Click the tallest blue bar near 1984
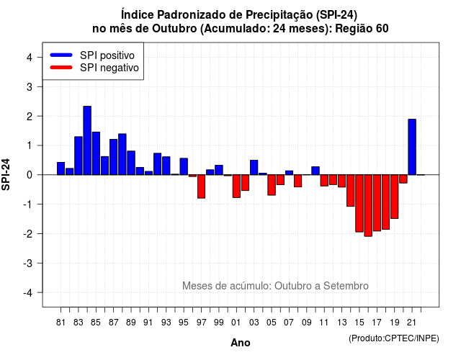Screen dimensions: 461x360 pyautogui.click(x=87, y=140)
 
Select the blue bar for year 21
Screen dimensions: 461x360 pyautogui.click(x=412, y=147)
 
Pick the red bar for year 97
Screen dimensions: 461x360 pyautogui.click(x=201, y=186)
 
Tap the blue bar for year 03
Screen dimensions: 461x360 pyautogui.click(x=254, y=168)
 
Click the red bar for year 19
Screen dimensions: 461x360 pyautogui.click(x=394, y=197)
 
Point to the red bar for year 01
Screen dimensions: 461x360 pyautogui.click(x=236, y=186)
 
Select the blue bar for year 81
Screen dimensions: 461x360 pyautogui.click(x=61, y=168)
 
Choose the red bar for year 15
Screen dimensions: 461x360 pyautogui.click(x=359, y=203)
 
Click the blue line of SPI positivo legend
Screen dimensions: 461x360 pyautogui.click(x=61, y=55)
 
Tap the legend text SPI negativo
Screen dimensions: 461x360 pyautogui.click(x=109, y=68)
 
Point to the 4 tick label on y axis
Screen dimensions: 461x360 pyautogui.click(x=30, y=58)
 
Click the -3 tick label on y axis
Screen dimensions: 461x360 pyautogui.click(x=28, y=263)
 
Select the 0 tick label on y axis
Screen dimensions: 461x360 pyautogui.click(x=30, y=175)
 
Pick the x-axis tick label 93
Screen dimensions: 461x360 pyautogui.click(x=166, y=323)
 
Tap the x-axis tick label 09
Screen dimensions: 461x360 pyautogui.click(x=306, y=323)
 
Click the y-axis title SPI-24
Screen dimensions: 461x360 pyautogui.click(x=6, y=174)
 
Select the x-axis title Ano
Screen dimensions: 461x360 pyautogui.click(x=241, y=343)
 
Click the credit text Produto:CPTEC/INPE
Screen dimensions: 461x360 pyautogui.click(x=394, y=338)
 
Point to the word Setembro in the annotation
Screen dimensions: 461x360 pyautogui.click(x=346, y=286)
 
